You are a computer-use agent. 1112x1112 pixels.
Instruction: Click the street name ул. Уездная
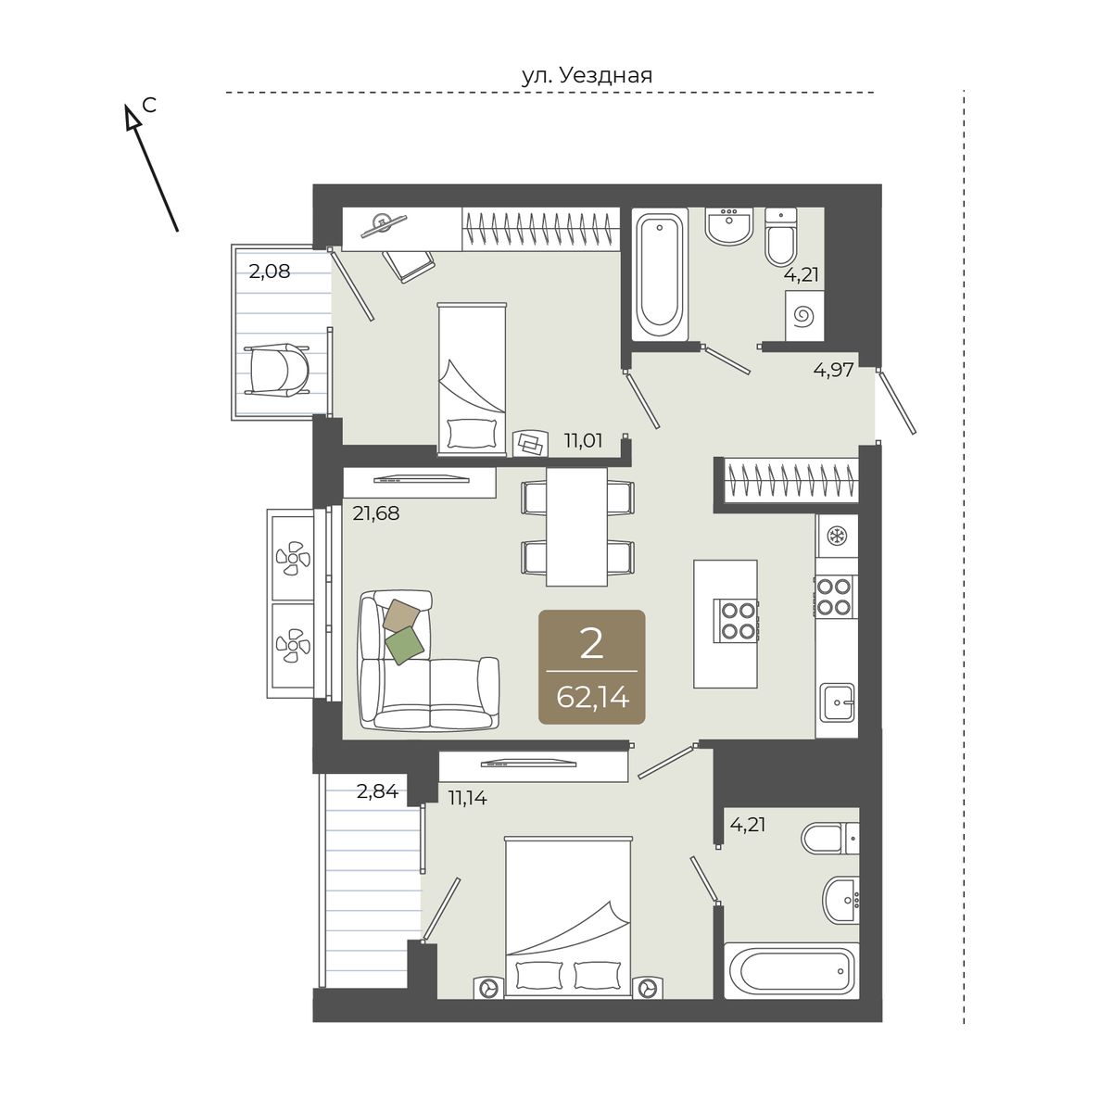[x=587, y=76]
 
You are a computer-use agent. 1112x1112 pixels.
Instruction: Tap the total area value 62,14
[x=592, y=699]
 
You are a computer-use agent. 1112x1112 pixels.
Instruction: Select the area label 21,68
[x=375, y=513]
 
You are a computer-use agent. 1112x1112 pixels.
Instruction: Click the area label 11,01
[x=583, y=441]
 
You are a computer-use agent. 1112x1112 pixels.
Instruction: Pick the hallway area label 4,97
[x=833, y=370]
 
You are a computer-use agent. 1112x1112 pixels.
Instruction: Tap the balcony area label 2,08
[x=269, y=271]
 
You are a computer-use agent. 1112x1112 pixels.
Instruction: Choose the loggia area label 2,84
[x=377, y=791]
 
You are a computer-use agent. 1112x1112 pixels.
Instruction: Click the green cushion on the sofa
[x=405, y=645]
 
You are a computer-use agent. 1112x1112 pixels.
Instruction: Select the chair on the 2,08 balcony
[x=277, y=370]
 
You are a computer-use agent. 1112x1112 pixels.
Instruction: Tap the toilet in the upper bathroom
[x=781, y=235]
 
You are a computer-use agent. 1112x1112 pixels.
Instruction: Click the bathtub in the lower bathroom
[x=791, y=970]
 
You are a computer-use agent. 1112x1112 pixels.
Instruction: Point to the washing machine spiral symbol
[x=803, y=316]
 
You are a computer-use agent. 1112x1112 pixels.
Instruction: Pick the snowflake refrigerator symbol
[x=836, y=537]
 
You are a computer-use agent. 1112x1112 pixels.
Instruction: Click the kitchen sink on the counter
[x=838, y=702]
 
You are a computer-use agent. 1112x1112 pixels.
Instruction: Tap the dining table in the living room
[x=576, y=527]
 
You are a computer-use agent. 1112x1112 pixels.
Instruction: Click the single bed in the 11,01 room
[x=472, y=378]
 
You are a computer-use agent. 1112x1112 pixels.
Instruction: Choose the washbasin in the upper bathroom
[x=729, y=226]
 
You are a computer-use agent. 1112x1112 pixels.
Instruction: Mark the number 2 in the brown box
[x=591, y=643]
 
